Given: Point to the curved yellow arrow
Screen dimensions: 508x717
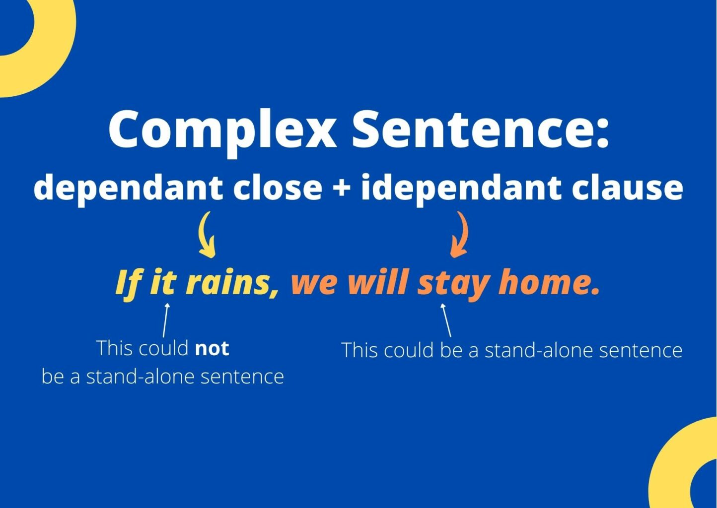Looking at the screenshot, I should click(207, 235).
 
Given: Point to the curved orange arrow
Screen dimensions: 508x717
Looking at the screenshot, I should click(460, 235).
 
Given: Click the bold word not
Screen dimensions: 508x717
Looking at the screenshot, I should click(212, 349).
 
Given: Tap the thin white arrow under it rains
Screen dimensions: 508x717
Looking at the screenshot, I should click(166, 320).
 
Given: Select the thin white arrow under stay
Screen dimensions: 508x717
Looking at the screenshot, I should click(446, 320).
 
